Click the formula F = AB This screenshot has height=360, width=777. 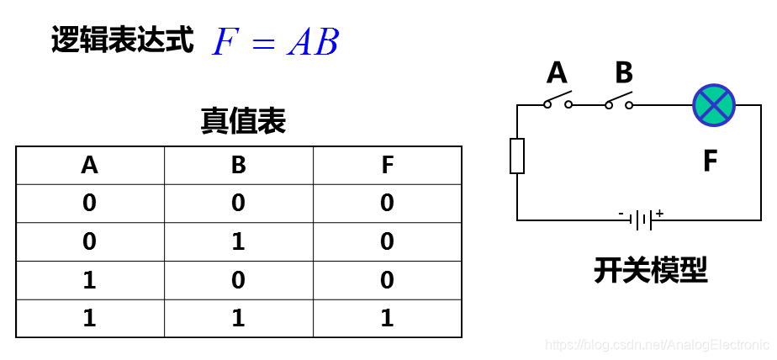[275, 42]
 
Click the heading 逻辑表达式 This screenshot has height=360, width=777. [123, 40]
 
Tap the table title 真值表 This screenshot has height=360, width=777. [243, 121]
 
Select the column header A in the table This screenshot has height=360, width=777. [90, 165]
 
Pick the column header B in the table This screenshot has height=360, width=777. [239, 165]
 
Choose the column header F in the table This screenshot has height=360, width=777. [387, 165]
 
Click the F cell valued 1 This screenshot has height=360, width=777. [387, 318]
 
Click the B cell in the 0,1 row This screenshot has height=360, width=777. [239, 241]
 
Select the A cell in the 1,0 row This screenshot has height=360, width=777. [90, 280]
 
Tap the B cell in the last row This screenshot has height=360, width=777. [239, 318]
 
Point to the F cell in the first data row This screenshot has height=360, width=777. [387, 203]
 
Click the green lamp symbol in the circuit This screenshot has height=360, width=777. [714, 105]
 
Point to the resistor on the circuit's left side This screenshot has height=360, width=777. [517, 156]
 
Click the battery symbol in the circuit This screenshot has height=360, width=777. [642, 220]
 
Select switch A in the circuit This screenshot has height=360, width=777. [558, 100]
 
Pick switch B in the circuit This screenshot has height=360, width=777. [619, 100]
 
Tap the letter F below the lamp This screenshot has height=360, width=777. [711, 161]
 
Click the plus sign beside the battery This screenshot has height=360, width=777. [659, 213]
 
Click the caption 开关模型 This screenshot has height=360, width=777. [651, 270]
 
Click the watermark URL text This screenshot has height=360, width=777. [657, 345]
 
